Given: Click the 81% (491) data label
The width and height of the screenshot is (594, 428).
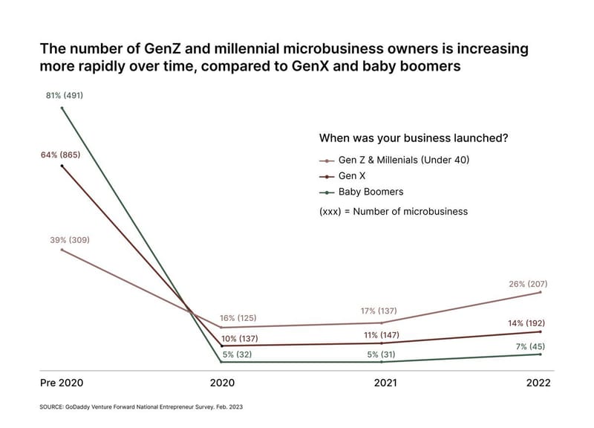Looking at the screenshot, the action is pyautogui.click(x=65, y=96).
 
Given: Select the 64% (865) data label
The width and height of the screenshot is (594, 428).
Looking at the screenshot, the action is pyautogui.click(x=61, y=155).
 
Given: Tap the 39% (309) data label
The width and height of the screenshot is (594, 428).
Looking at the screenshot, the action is pyautogui.click(x=70, y=240).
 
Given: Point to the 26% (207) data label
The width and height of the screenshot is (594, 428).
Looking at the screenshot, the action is pyautogui.click(x=528, y=284).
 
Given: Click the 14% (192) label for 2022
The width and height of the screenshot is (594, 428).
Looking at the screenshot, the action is pyautogui.click(x=526, y=323).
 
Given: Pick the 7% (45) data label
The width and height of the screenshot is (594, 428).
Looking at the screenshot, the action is pyautogui.click(x=530, y=346).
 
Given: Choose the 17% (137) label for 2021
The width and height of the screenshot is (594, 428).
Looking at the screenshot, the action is pyautogui.click(x=379, y=311).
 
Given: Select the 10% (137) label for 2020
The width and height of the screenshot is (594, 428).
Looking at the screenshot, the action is pyautogui.click(x=239, y=339).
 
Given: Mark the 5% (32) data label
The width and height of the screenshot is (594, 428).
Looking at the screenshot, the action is pyautogui.click(x=237, y=354).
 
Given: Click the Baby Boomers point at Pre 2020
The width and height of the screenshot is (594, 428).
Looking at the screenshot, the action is pyautogui.click(x=62, y=108).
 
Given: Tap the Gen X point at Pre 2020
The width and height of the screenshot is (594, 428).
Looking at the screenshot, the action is pyautogui.click(x=62, y=166).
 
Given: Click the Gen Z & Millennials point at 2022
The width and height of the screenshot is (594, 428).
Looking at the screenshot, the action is pyautogui.click(x=541, y=292).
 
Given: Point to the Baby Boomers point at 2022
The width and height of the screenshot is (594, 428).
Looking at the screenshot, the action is pyautogui.click(x=541, y=354).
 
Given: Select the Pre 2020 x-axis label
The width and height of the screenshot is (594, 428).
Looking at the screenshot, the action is pyautogui.click(x=62, y=383).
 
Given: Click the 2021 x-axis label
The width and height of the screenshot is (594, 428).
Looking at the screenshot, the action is pyautogui.click(x=385, y=383).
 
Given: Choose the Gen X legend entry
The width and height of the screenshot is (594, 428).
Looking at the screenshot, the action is pyautogui.click(x=342, y=176).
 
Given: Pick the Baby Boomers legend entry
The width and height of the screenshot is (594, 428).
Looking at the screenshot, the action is pyautogui.click(x=362, y=192).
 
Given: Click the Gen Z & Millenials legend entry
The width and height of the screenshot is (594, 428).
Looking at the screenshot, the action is pyautogui.click(x=394, y=160).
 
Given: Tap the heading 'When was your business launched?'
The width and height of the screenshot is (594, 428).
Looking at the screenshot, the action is pyautogui.click(x=414, y=138).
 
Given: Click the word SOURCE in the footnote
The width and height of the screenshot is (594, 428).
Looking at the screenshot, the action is pyautogui.click(x=51, y=407).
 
